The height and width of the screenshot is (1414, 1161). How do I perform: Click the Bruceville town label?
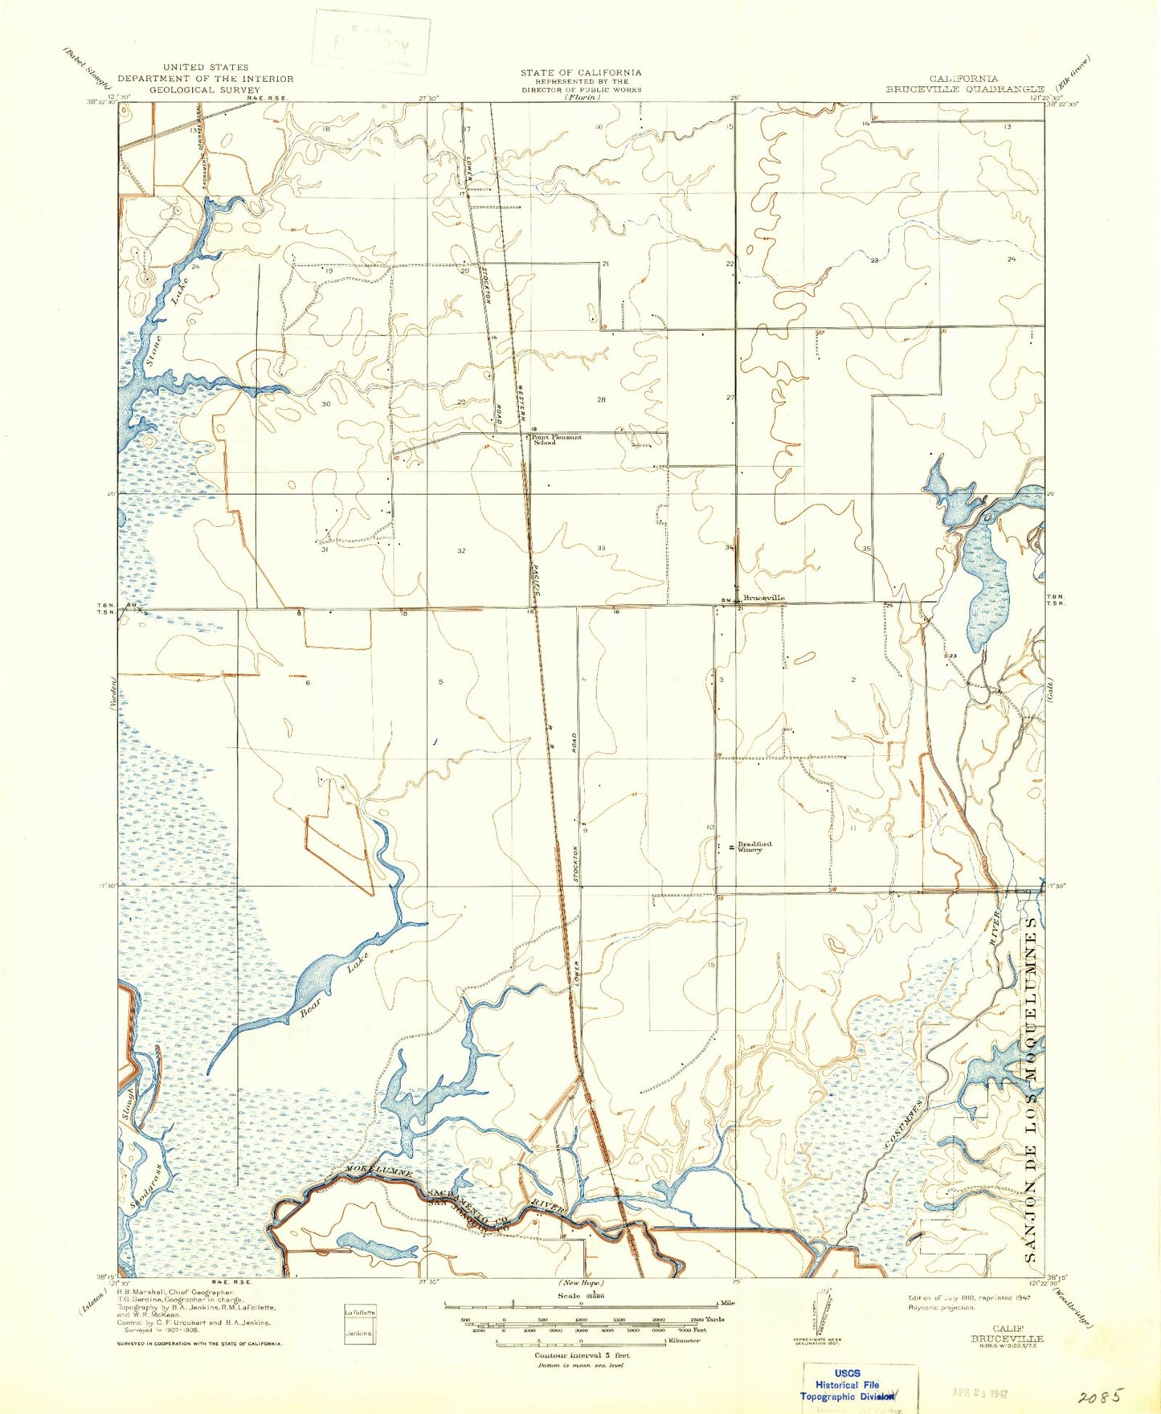[763, 599]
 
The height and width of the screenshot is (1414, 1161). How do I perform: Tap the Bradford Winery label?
[754, 847]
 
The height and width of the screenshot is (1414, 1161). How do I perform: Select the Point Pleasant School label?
[556, 439]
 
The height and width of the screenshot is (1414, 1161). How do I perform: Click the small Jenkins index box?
[358, 1334]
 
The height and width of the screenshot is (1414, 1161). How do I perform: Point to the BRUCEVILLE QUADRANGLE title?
[964, 89]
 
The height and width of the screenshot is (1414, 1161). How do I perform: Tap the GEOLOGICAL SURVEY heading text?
[205, 90]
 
